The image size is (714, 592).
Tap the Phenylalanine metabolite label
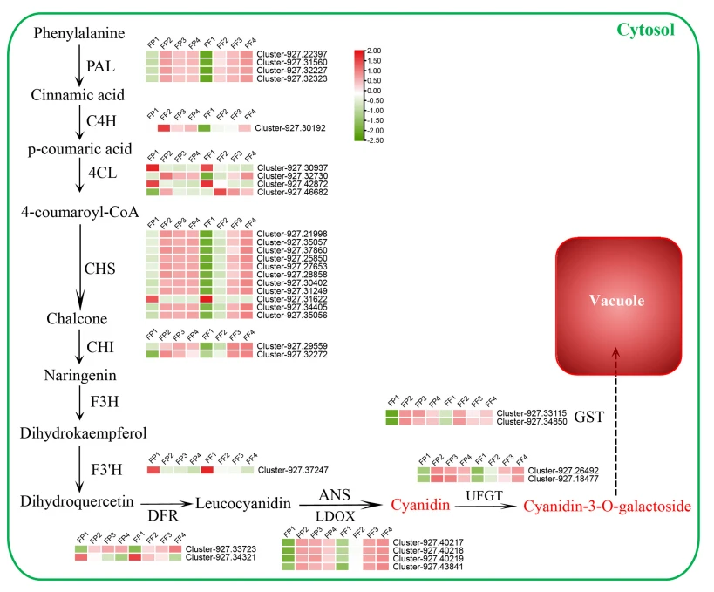coord(79,34)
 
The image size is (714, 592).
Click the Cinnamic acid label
coord(78,94)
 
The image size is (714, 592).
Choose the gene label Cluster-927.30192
coord(290,128)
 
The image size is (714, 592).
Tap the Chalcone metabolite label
coord(77,319)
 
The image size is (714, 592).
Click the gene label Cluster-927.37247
coord(290,470)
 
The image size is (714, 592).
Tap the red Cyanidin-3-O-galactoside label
coord(607,506)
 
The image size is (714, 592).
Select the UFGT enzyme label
coord(484,495)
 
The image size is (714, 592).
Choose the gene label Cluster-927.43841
coord(421,567)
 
